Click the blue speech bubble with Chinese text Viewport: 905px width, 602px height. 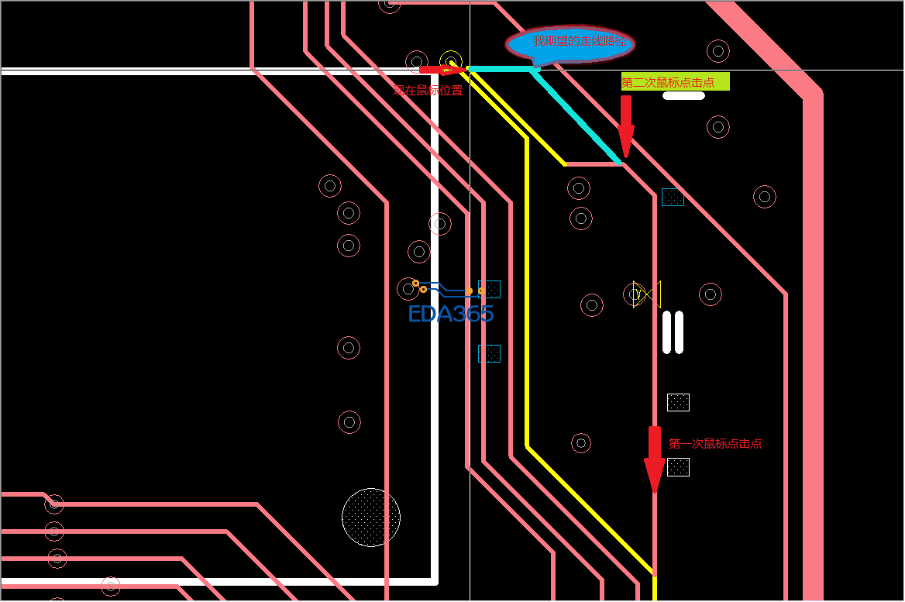569,44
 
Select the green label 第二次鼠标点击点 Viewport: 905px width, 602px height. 675,82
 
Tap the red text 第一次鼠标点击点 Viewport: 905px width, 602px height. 715,444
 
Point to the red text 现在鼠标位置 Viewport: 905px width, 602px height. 428,90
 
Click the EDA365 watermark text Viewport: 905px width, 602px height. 451,314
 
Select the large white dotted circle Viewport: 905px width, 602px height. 371,517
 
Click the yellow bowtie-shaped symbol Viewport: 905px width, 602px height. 646,294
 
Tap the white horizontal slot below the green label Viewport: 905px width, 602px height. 683,96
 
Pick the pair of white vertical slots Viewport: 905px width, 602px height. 673,332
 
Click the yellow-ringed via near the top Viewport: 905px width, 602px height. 450,60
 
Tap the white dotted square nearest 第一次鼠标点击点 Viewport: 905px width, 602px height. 678,467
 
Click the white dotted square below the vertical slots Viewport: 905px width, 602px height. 678,402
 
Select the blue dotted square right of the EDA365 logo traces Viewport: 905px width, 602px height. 490,289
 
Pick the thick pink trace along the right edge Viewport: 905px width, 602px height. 812,349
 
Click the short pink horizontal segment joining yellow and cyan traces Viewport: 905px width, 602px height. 593,164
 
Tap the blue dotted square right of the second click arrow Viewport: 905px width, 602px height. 673,197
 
